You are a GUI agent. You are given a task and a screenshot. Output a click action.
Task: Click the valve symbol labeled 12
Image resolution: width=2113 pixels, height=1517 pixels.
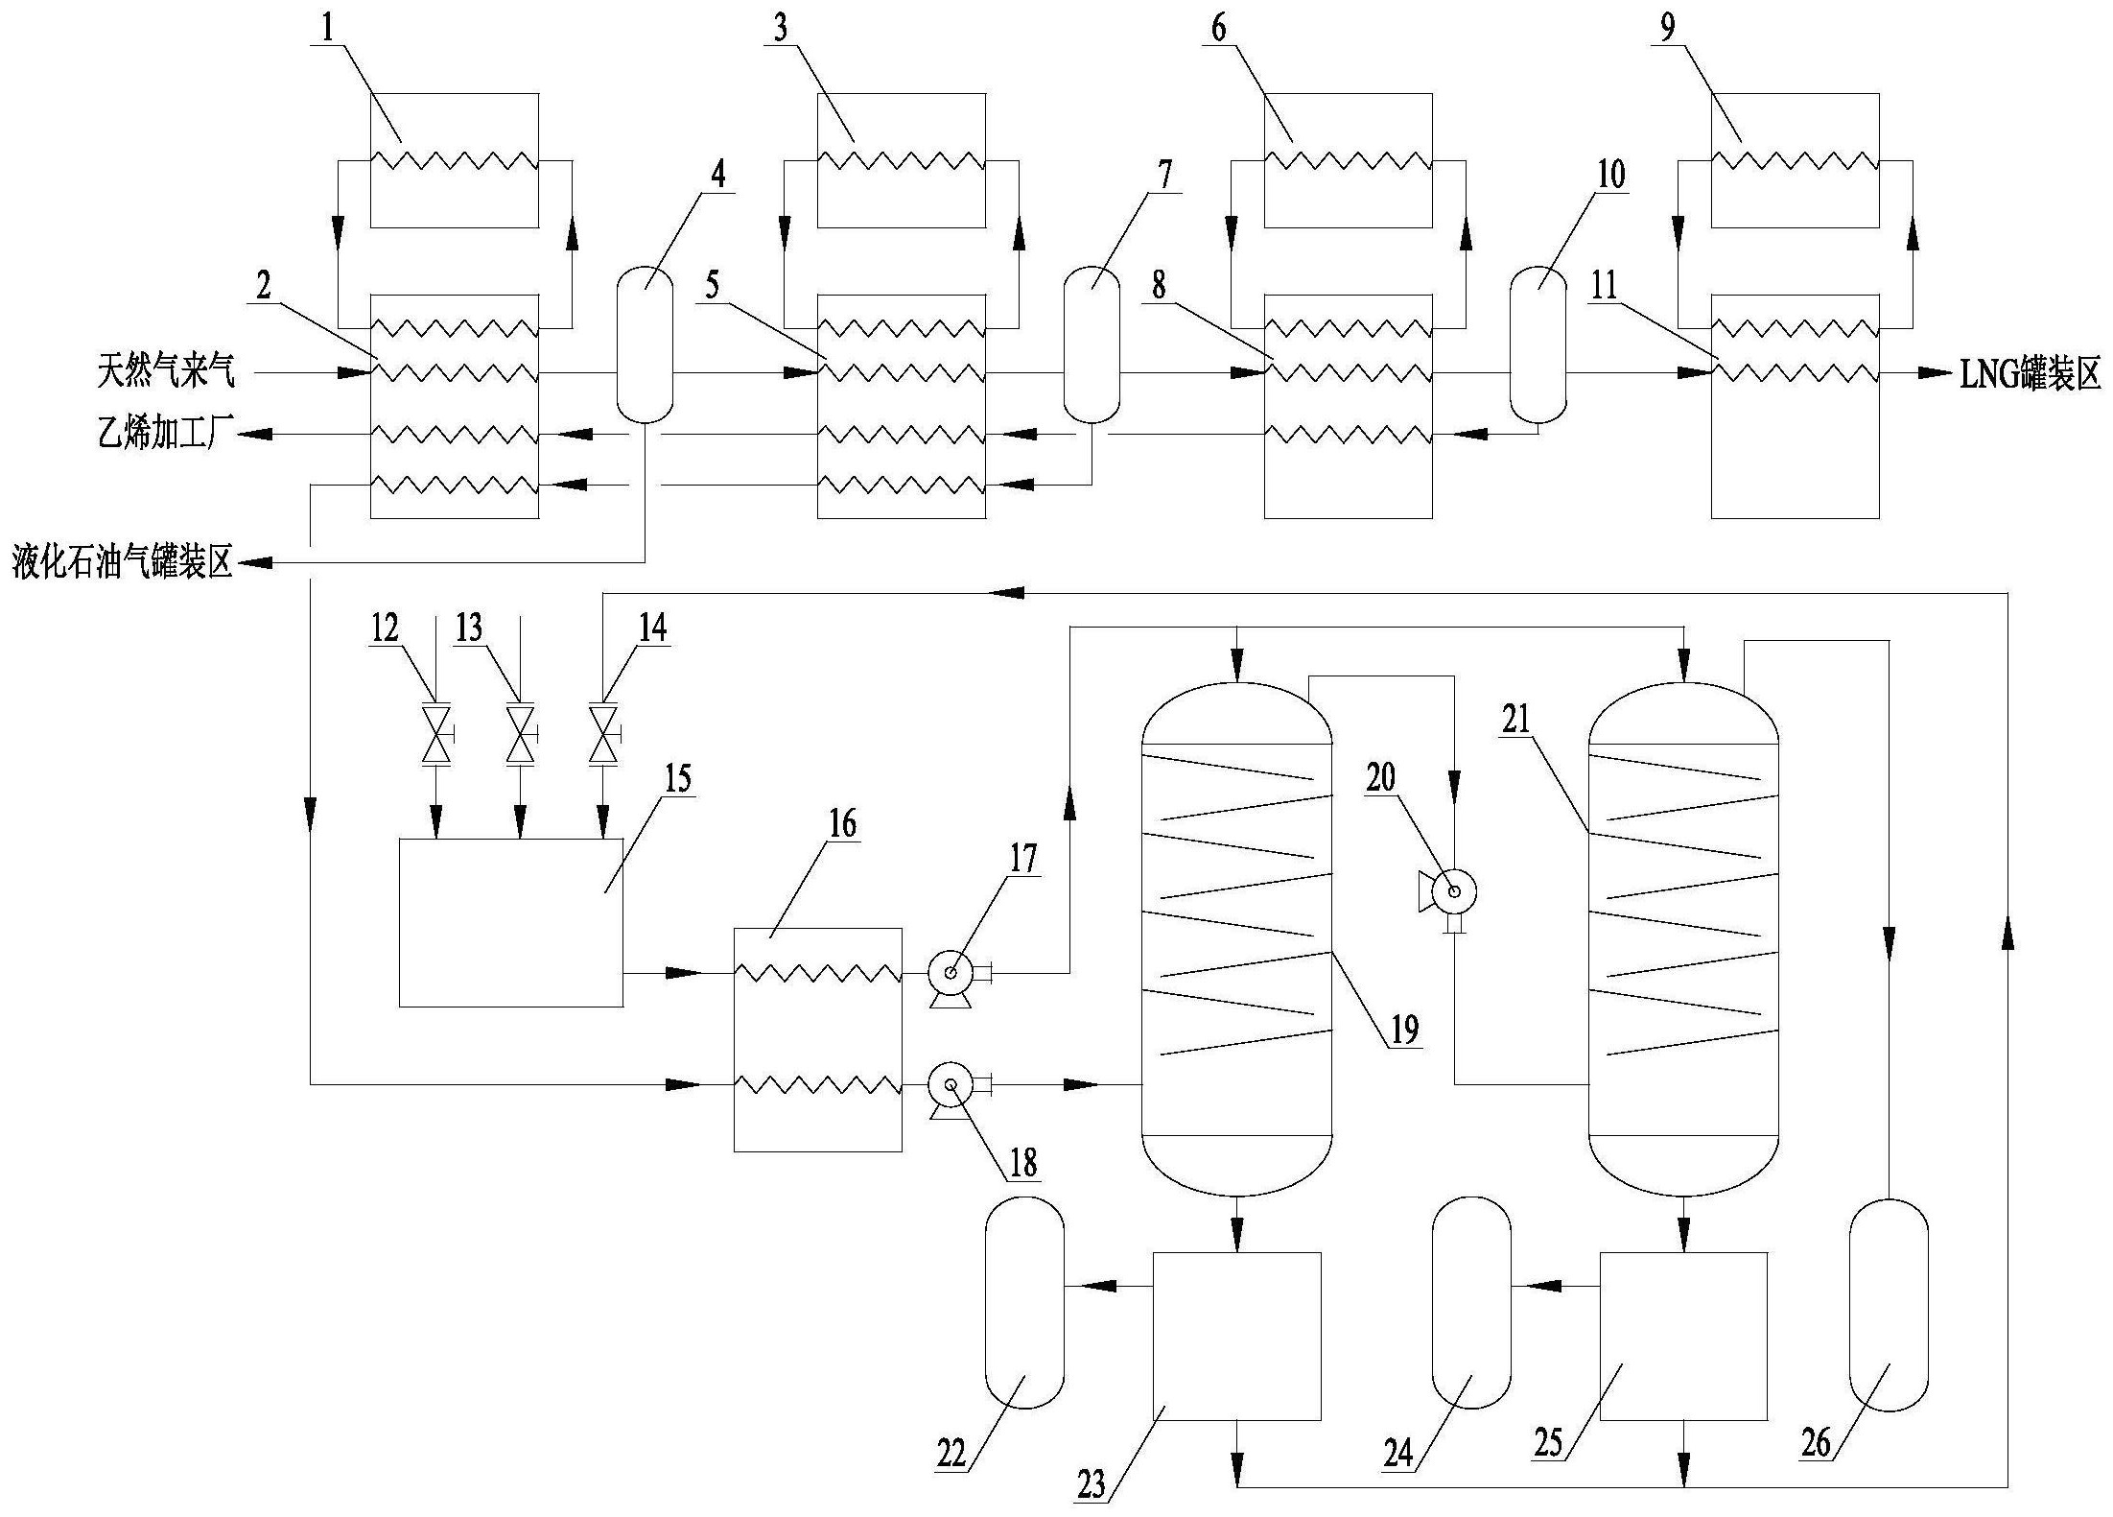(437, 734)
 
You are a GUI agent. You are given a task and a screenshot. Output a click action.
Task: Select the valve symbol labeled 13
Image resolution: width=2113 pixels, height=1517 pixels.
(521, 734)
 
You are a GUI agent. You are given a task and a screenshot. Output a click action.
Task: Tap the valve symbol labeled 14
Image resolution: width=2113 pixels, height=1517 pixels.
(603, 734)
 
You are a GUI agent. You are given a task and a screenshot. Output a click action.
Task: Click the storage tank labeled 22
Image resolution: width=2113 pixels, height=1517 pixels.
(1025, 1303)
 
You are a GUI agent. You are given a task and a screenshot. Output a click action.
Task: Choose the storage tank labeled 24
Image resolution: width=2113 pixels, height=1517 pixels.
(1471, 1303)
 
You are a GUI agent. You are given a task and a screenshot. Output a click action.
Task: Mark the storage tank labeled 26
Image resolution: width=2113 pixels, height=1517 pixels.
(1889, 1305)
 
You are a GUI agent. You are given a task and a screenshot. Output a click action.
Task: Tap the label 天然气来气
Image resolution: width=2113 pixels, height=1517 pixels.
(165, 372)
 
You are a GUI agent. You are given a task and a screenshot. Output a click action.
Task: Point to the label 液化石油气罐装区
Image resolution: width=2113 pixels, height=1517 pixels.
(123, 562)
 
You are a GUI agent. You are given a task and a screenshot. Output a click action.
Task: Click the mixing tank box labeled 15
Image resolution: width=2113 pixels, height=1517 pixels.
(511, 923)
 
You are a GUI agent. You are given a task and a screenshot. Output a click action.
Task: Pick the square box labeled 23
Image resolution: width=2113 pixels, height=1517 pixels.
(1237, 1337)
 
